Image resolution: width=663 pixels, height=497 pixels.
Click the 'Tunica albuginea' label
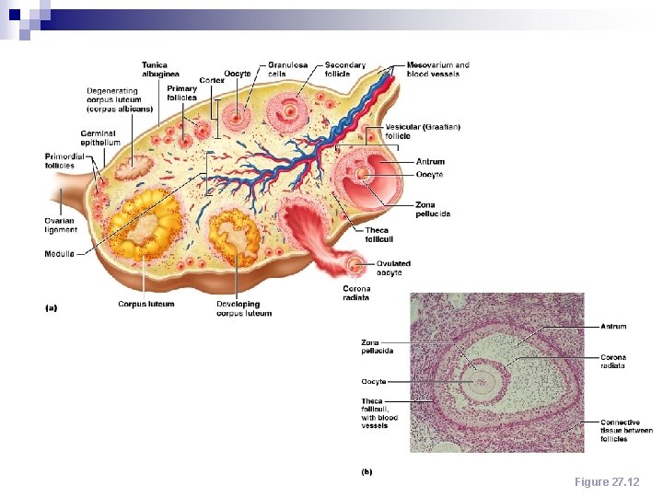(160, 69)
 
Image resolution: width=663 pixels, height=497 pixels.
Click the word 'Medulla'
(60, 254)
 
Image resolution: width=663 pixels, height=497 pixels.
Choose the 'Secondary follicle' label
(345, 69)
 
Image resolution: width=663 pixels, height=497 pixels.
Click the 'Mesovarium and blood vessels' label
(438, 69)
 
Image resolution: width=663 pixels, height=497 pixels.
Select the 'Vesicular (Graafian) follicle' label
(423, 131)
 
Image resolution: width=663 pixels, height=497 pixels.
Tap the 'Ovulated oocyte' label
(393, 268)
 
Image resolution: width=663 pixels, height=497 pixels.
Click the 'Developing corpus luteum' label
(244, 308)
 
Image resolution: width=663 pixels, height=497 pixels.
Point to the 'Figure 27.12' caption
(605, 481)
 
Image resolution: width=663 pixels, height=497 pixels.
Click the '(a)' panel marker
(52, 308)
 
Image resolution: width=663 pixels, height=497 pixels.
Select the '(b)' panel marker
(366, 471)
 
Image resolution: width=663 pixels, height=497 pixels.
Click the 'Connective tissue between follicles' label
(627, 431)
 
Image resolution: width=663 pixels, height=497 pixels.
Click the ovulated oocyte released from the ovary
(356, 267)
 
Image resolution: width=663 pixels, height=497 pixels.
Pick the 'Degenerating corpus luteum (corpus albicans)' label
(120, 100)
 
